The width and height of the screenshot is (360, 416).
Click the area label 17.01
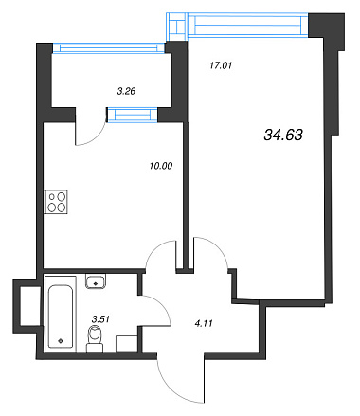point(221,65)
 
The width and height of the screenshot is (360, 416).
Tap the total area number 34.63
point(283,135)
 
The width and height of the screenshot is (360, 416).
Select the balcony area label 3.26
point(126,91)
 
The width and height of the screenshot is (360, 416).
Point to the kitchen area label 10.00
point(161,166)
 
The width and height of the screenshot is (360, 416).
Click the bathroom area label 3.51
point(100,319)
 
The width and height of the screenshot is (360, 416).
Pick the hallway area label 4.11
point(204,323)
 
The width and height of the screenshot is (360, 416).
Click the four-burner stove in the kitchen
point(56,202)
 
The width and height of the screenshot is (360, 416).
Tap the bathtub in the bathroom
point(61,314)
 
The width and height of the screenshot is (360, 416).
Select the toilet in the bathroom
point(95,339)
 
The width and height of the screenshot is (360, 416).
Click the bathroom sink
point(96,281)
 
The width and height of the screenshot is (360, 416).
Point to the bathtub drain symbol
point(61,341)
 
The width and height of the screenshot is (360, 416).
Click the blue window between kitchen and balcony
point(133,115)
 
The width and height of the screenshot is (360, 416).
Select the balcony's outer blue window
point(109,47)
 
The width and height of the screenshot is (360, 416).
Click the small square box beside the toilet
point(127,344)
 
